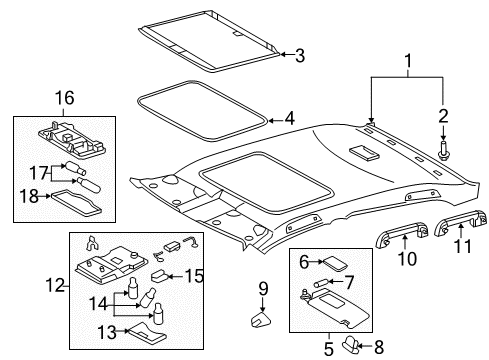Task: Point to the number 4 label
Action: click(289, 118)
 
